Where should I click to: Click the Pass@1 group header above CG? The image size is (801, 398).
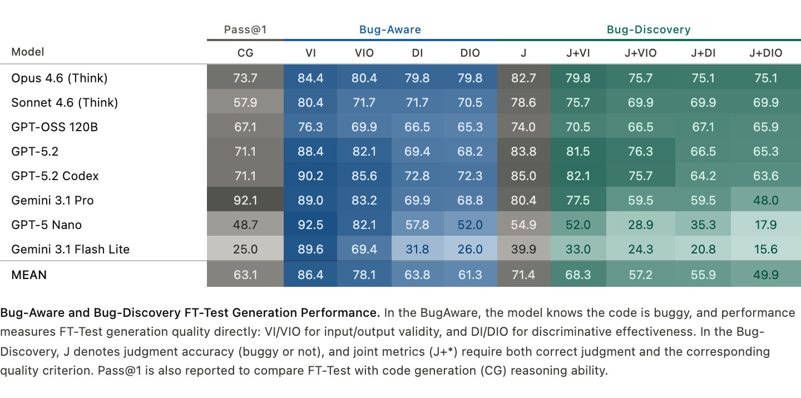pyautogui.click(x=245, y=29)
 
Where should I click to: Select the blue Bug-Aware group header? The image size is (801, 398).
pyautogui.click(x=390, y=29)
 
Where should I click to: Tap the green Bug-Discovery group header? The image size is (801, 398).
pyautogui.click(x=649, y=29)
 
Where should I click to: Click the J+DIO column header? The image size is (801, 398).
pyautogui.click(x=765, y=53)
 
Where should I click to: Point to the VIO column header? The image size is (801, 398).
pyautogui.click(x=364, y=53)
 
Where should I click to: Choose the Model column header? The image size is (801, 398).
pyautogui.click(x=28, y=52)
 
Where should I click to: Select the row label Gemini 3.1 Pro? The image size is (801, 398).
pyautogui.click(x=52, y=200)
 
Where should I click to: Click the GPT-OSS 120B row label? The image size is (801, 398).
pyautogui.click(x=55, y=127)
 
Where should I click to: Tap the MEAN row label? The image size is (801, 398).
pyautogui.click(x=29, y=275)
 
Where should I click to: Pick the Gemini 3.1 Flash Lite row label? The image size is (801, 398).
pyautogui.click(x=70, y=249)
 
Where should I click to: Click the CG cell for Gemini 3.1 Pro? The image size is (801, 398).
pyautogui.click(x=245, y=200)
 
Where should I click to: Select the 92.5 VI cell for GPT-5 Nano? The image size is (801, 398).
pyautogui.click(x=310, y=225)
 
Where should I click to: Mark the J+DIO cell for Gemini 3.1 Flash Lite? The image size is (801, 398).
pyautogui.click(x=765, y=249)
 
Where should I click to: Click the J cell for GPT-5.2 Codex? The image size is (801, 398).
pyautogui.click(x=523, y=176)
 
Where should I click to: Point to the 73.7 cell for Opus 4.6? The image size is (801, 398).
pyautogui.click(x=245, y=78)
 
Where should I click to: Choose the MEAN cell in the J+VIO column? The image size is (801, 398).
pyautogui.click(x=640, y=275)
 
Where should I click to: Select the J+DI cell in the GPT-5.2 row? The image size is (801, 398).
pyautogui.click(x=703, y=151)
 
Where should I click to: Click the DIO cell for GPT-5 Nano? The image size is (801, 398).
pyautogui.click(x=470, y=225)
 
